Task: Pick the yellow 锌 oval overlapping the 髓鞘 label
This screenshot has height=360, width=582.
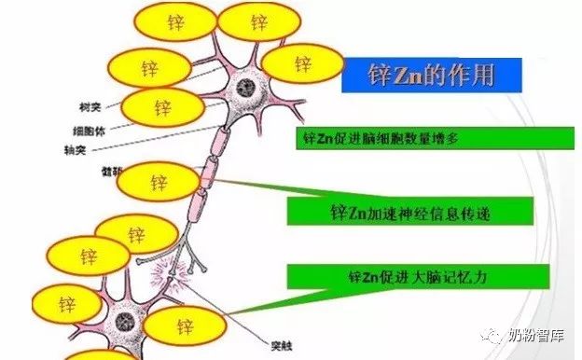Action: (x=158, y=180)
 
